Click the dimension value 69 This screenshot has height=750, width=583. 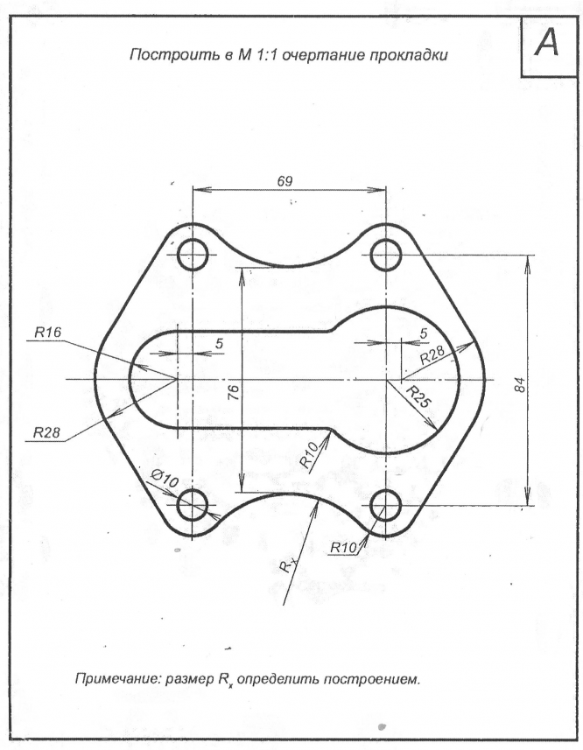click(x=284, y=181)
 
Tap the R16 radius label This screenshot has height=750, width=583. click(x=47, y=333)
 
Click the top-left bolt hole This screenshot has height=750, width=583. click(x=193, y=256)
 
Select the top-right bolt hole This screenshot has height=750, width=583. click(x=385, y=256)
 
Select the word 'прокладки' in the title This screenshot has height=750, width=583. click(x=413, y=56)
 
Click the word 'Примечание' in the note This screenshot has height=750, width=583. click(x=116, y=679)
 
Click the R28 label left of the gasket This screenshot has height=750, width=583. click(x=48, y=432)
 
